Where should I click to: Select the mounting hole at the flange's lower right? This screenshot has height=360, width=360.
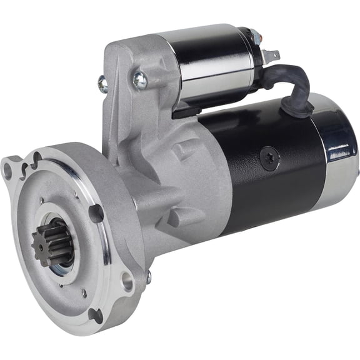click(x=127, y=281)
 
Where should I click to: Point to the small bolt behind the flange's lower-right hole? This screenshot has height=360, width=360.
click(x=148, y=276)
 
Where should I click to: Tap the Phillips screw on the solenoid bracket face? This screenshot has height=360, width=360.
click(x=139, y=80)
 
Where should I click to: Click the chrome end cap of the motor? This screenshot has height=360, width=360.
click(x=341, y=150)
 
